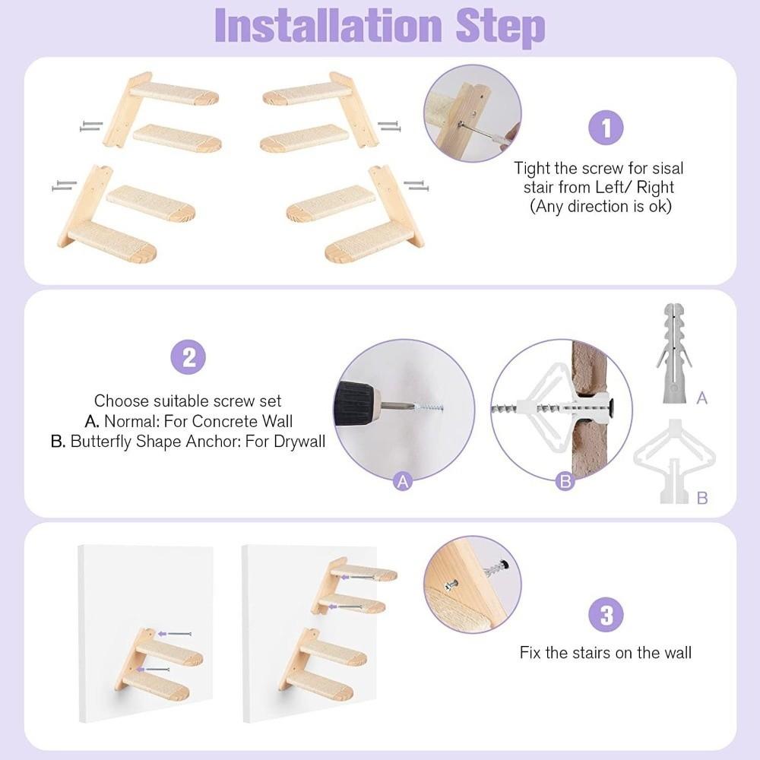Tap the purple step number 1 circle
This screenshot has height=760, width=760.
(x=606, y=128)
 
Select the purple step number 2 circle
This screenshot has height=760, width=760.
(x=188, y=356)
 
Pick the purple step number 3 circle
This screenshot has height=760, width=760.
(x=606, y=615)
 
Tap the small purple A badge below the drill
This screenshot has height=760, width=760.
(x=403, y=480)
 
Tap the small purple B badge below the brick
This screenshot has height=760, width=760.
(x=565, y=480)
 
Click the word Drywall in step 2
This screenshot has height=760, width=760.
(x=299, y=441)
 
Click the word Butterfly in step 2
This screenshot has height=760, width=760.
(x=103, y=441)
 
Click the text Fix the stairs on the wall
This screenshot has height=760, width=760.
(x=606, y=652)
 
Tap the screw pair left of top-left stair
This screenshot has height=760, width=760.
(x=90, y=126)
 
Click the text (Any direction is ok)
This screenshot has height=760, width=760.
(x=600, y=206)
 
